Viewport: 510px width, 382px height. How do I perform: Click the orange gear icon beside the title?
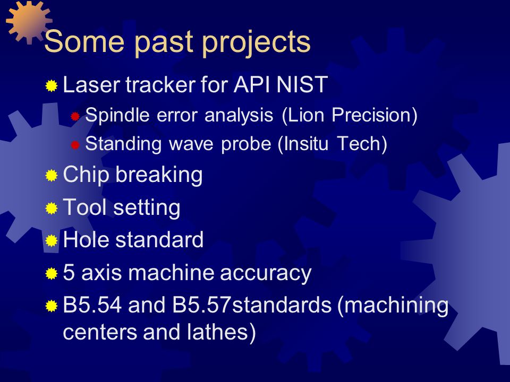point(29,22)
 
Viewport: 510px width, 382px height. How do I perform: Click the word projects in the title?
point(256,43)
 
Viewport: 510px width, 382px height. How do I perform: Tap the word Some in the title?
point(84,41)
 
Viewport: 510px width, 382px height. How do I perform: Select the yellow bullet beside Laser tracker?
point(52,86)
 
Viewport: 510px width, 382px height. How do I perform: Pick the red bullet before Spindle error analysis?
point(75,116)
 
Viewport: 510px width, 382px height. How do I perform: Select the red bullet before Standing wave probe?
point(75,145)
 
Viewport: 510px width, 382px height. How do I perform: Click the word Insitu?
point(303,144)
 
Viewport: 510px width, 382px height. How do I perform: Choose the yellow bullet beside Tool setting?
point(52,208)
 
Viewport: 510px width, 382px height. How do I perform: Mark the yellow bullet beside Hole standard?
point(52,241)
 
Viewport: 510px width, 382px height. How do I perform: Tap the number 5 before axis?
point(69,272)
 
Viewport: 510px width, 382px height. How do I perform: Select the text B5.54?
point(92,305)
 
